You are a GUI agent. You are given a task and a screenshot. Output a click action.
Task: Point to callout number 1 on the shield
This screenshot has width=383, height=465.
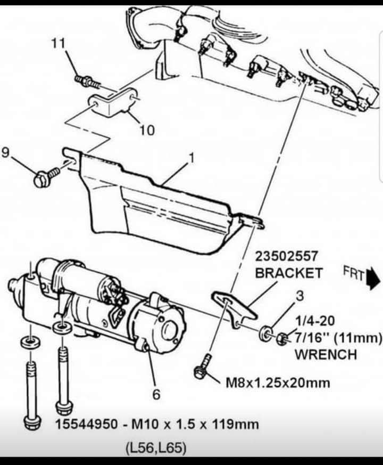point(191,158)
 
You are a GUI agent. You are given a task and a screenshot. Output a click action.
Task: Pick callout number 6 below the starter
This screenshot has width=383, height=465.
point(156,394)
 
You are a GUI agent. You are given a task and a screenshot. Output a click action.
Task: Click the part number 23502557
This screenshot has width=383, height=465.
point(287,257)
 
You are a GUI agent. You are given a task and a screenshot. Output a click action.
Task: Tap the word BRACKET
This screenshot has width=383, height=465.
point(288,273)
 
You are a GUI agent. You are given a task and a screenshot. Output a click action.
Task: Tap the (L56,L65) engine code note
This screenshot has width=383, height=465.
point(156,448)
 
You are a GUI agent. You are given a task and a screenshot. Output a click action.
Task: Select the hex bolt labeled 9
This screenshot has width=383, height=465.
point(44,177)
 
